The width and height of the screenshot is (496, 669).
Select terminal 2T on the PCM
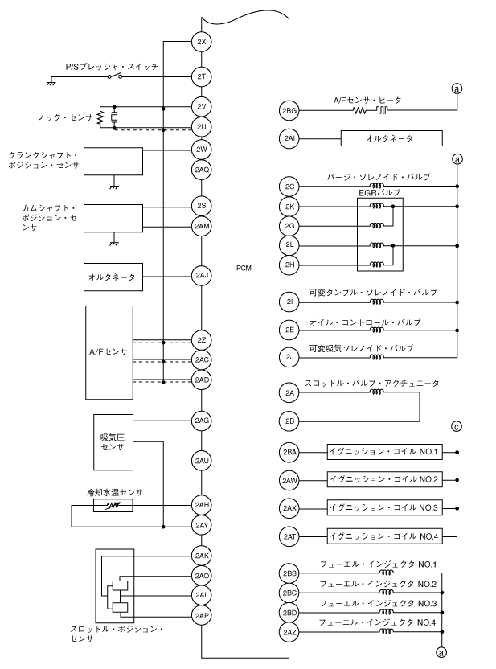(x=202, y=76)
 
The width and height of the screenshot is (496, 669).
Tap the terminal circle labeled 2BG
(x=289, y=111)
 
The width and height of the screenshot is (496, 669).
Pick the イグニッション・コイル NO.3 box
(x=384, y=508)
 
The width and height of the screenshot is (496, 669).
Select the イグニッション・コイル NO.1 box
(x=384, y=453)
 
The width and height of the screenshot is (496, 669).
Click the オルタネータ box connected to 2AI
(x=392, y=139)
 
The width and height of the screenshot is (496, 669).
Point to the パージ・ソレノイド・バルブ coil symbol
(x=376, y=187)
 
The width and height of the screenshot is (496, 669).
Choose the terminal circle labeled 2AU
(x=202, y=461)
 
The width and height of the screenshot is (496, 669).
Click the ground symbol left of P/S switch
(x=51, y=80)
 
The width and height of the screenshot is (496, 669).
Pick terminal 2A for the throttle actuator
(x=289, y=392)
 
